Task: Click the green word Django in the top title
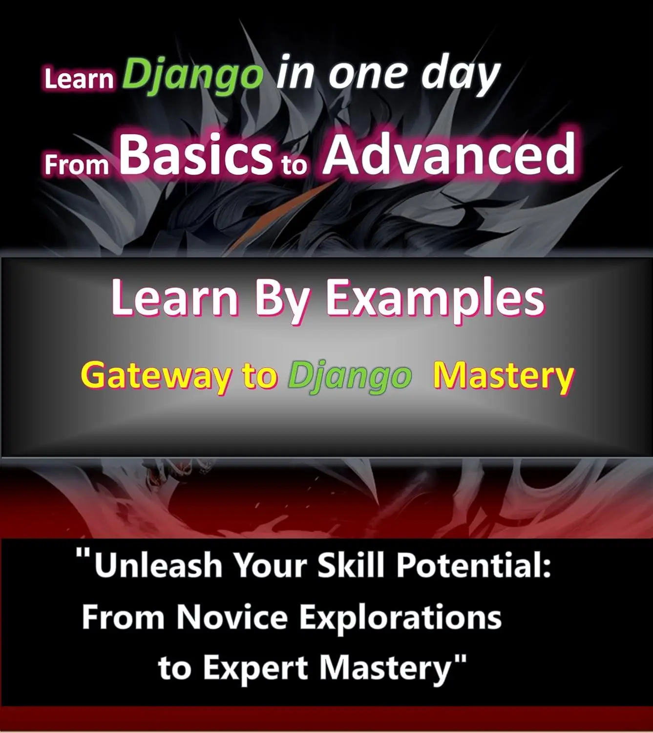(193, 74)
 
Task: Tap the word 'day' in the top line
(461, 74)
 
